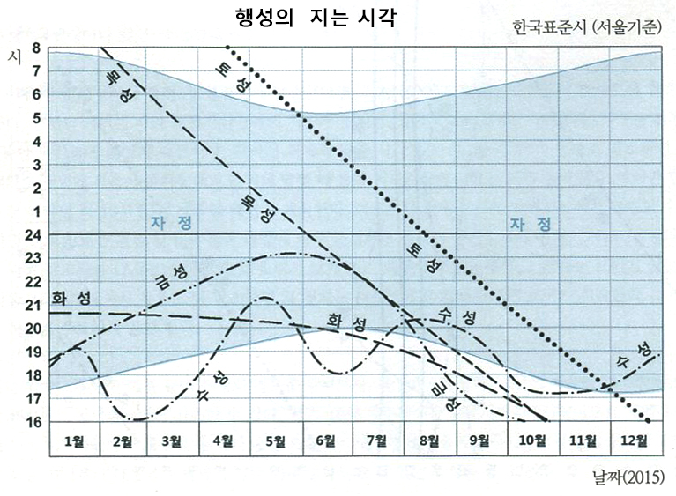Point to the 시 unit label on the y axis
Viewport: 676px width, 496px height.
coord(13,57)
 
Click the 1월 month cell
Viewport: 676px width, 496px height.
coord(73,439)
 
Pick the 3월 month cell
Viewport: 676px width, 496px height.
coord(174,439)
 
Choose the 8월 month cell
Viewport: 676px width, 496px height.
coord(429,439)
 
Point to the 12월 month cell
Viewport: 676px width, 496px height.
coord(635,439)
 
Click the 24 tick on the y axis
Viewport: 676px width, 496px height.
coord(34,235)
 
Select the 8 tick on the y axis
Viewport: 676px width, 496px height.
coord(36,48)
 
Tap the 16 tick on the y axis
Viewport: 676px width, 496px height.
coord(34,423)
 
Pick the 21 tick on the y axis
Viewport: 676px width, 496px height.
coord(34,306)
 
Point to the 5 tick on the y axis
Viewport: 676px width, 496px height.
coord(36,118)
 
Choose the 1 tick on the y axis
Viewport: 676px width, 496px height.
coord(36,211)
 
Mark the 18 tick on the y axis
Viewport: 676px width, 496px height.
coord(34,376)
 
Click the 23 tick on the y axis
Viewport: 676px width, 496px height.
coord(34,259)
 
